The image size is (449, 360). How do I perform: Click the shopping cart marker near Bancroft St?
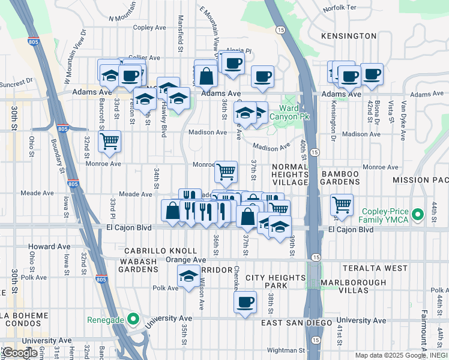(x=109, y=142)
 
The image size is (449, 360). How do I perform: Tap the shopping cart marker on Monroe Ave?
(x=226, y=172)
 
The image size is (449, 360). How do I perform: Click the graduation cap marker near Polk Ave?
(x=188, y=276)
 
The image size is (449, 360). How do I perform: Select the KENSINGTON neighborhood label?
(x=349, y=36)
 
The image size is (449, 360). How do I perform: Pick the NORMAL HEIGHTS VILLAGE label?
(x=290, y=174)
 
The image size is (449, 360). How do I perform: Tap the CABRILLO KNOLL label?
(x=161, y=250)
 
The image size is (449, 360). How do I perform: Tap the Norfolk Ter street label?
(x=339, y=8)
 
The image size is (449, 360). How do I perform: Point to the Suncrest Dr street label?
(x=16, y=82)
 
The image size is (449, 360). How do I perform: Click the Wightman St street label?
(x=286, y=350)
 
